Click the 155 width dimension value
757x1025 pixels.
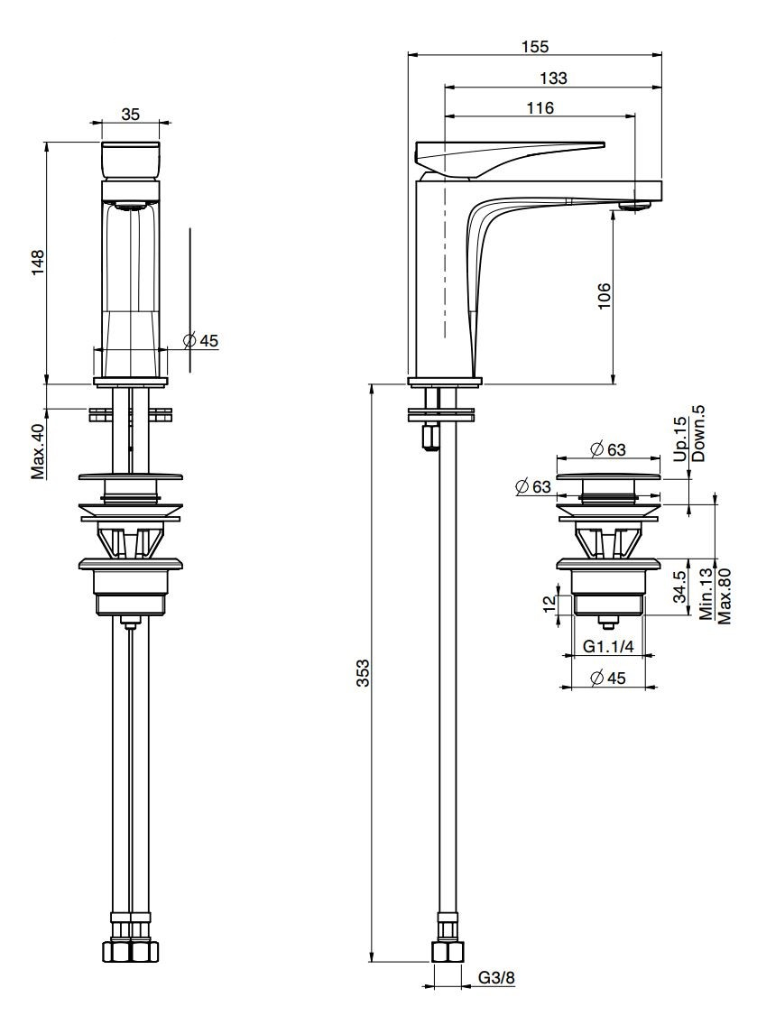[535, 46]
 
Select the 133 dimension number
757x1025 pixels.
[553, 78]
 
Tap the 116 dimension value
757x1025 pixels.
[540, 108]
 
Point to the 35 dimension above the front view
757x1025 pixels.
[131, 114]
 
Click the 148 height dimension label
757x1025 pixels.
[39, 263]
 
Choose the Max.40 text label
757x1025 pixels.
[39, 451]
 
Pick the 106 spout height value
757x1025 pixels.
[604, 296]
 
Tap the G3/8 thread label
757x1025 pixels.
[497, 995]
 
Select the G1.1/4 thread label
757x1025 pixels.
[608, 647]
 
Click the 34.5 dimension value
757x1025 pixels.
[679, 586]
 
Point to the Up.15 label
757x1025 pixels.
[680, 439]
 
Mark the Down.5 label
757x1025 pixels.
[698, 433]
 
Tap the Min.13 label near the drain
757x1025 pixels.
[706, 594]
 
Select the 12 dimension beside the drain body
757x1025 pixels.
[549, 603]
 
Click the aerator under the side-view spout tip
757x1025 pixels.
[634, 206]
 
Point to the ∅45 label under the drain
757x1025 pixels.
[607, 678]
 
